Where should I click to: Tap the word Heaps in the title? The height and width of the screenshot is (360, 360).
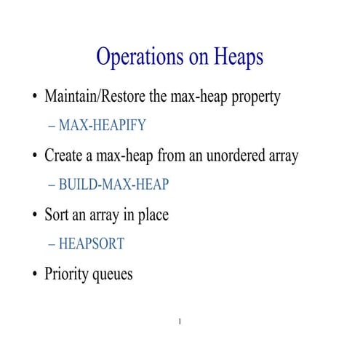click(236, 57)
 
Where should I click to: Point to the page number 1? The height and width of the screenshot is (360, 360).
click(180, 321)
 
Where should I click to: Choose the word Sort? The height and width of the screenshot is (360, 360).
click(57, 215)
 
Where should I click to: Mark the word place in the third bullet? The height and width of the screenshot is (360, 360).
click(153, 216)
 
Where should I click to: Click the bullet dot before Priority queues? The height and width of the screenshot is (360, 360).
click(33, 276)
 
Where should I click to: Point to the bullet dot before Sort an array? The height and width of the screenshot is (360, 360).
click(33, 216)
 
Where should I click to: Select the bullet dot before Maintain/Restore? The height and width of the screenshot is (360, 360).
click(33, 97)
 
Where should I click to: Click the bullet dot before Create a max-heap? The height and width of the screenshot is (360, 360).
click(33, 156)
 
